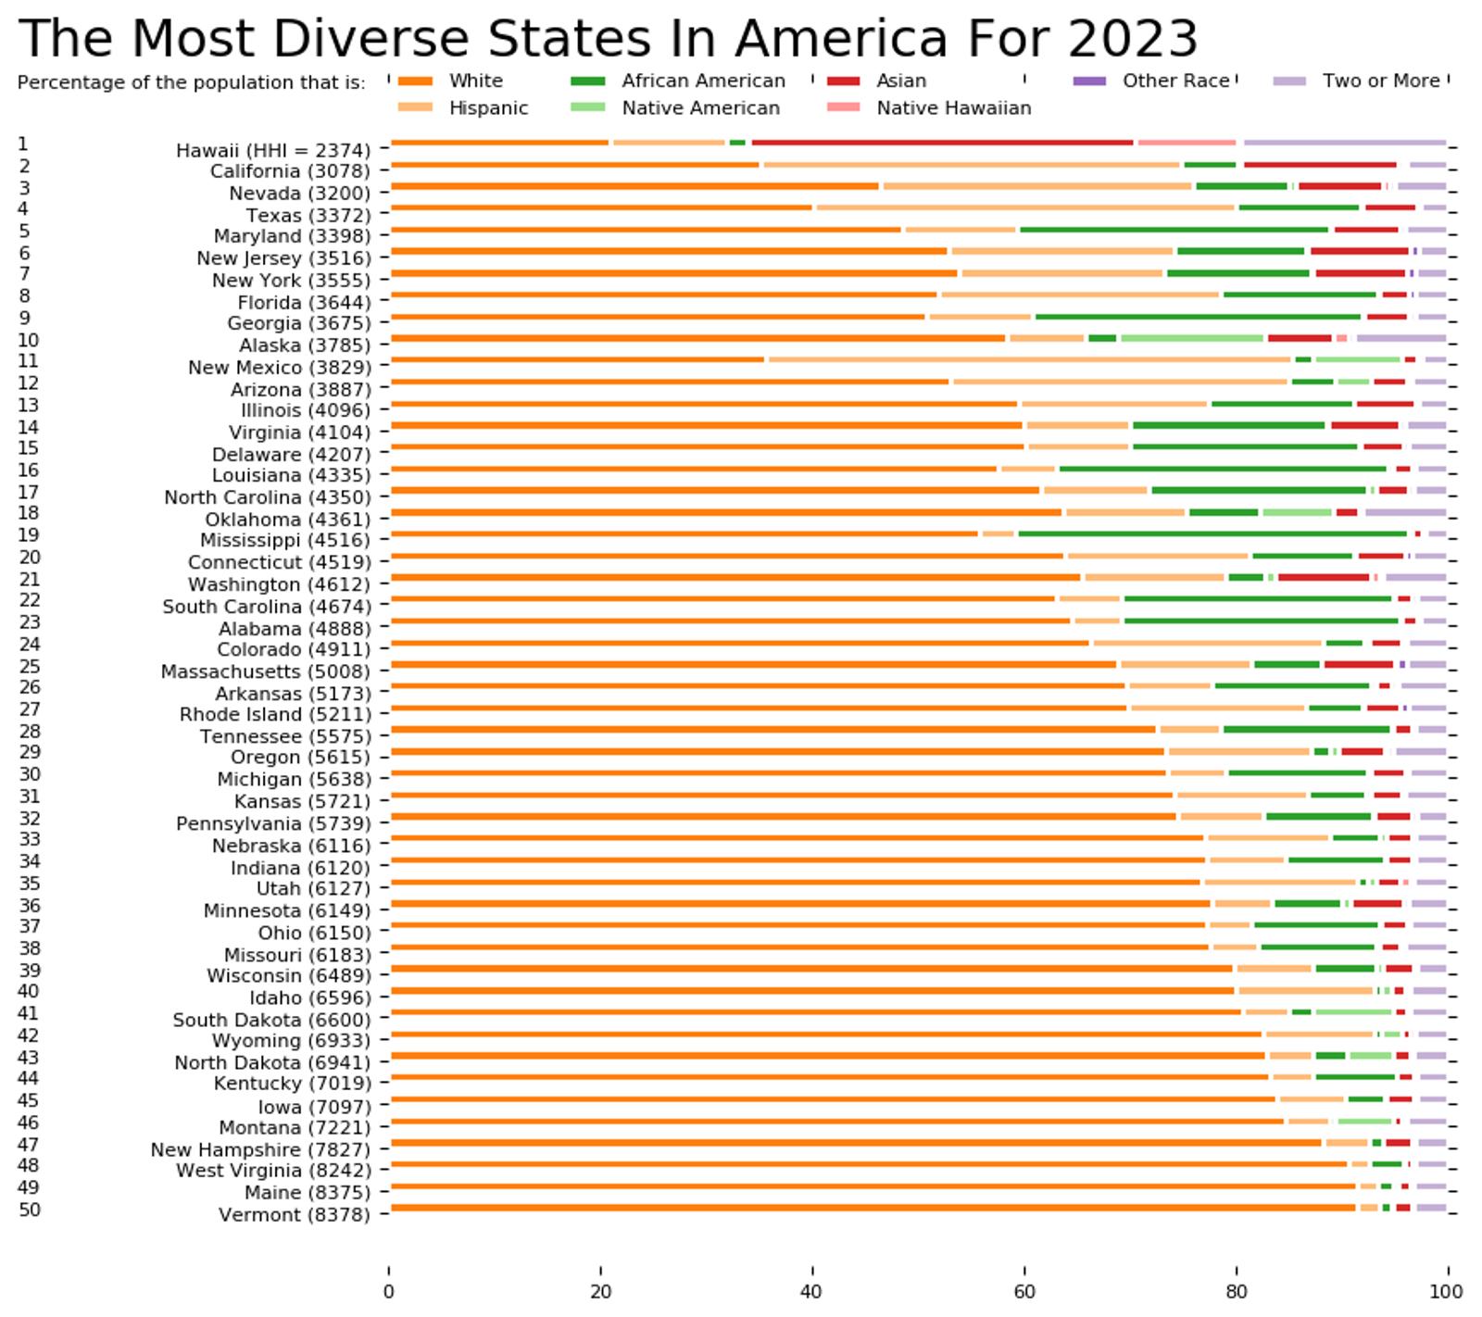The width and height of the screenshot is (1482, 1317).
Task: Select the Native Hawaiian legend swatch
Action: coord(843,107)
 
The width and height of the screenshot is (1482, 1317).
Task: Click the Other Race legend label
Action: coord(1175,81)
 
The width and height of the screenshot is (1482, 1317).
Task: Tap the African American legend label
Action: coord(703,81)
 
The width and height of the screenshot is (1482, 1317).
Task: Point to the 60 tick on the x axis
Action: coord(1024,1292)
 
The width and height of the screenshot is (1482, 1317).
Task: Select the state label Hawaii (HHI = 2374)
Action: coord(273,150)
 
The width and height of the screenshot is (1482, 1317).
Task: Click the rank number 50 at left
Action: coord(29,1210)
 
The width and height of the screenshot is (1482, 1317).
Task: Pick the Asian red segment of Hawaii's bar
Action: coord(942,143)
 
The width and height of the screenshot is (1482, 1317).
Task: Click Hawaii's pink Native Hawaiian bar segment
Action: coord(1187,143)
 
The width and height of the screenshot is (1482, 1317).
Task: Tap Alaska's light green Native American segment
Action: coord(1191,338)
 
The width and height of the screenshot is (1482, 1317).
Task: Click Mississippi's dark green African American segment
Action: coord(1212,533)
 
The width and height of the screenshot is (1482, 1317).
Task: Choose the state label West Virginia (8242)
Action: coord(273,1171)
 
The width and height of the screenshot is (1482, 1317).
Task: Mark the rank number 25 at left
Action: coord(29,667)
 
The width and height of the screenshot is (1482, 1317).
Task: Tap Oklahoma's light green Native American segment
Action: coord(1297,512)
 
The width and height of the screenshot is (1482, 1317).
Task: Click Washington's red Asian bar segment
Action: coord(1323,577)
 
